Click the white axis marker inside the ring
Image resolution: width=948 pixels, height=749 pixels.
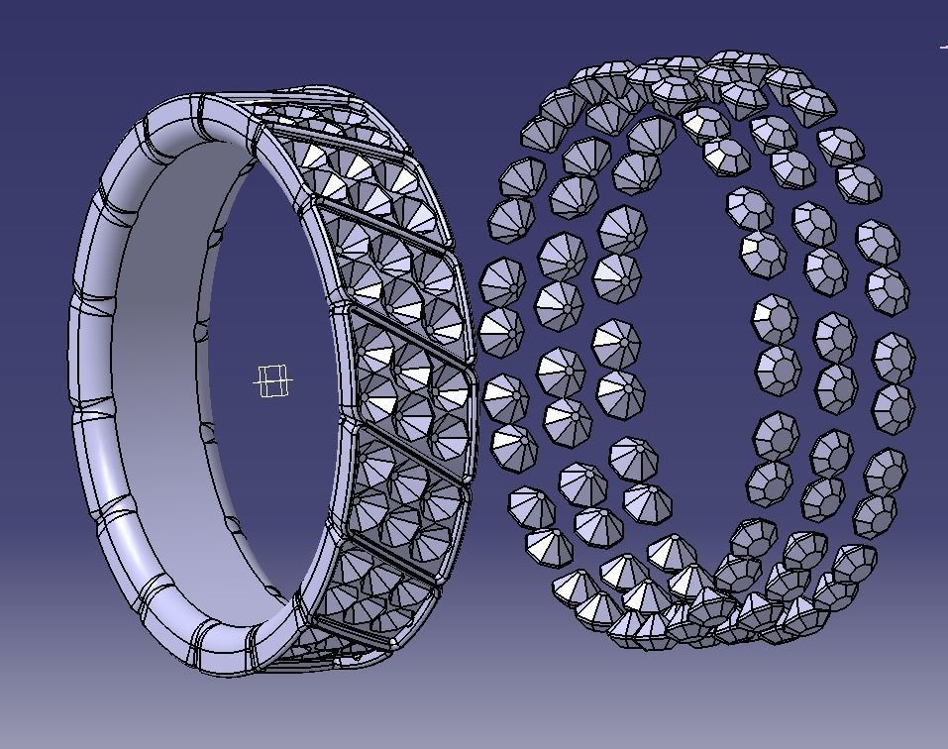click(273, 380)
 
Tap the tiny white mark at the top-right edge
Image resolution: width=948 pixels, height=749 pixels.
click(943, 45)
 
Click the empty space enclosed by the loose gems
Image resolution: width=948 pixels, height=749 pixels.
click(693, 376)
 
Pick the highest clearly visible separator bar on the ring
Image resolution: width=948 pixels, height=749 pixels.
click(337, 139)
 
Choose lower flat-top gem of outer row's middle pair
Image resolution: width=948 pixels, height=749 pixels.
click(894, 405)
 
